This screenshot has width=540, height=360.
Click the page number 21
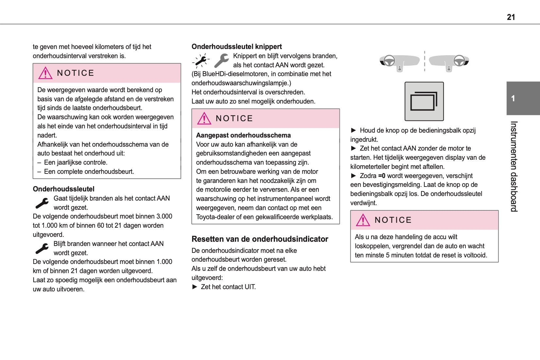click(511, 17)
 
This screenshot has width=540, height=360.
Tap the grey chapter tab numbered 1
click(523, 98)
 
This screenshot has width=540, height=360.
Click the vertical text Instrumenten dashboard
click(514, 166)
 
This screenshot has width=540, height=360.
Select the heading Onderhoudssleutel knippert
click(237, 47)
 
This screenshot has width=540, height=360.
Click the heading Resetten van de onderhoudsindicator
click(260, 239)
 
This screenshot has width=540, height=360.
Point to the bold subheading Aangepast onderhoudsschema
click(243, 135)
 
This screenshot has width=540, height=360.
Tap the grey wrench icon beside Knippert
click(222, 60)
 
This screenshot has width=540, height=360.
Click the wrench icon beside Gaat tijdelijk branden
click(42, 203)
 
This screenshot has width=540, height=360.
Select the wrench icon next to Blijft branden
click(42, 248)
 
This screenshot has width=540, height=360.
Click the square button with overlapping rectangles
click(424, 102)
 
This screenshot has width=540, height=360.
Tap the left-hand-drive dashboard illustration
click(399, 62)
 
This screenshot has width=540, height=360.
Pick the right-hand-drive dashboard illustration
click(449, 62)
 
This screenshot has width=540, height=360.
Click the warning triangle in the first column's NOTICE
click(45, 73)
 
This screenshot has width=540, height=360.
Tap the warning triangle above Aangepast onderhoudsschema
click(204, 119)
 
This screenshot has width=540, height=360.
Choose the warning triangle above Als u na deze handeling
click(363, 220)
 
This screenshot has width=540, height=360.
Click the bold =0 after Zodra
click(382, 176)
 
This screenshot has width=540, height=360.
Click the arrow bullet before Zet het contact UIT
click(195, 287)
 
